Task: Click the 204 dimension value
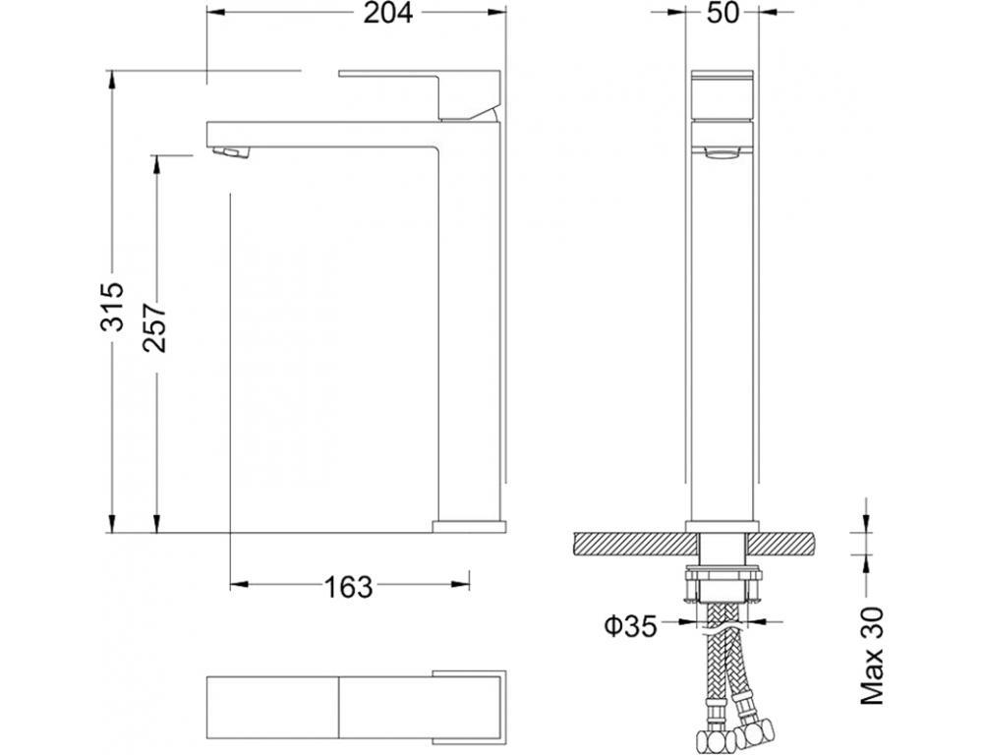(x=388, y=13)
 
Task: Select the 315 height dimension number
(x=114, y=307)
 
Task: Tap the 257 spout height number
(x=155, y=328)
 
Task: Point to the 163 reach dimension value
(x=348, y=587)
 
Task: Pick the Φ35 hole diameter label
(x=631, y=625)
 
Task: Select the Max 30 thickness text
(x=871, y=656)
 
